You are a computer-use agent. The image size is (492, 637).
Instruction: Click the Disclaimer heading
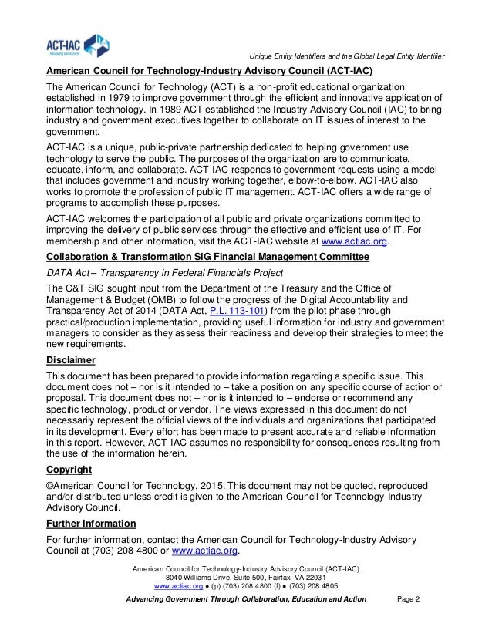71,360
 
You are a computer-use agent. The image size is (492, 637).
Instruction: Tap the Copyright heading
69,469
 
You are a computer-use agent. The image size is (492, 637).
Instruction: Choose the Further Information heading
92,523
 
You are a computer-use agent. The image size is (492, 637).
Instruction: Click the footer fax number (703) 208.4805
315,586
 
